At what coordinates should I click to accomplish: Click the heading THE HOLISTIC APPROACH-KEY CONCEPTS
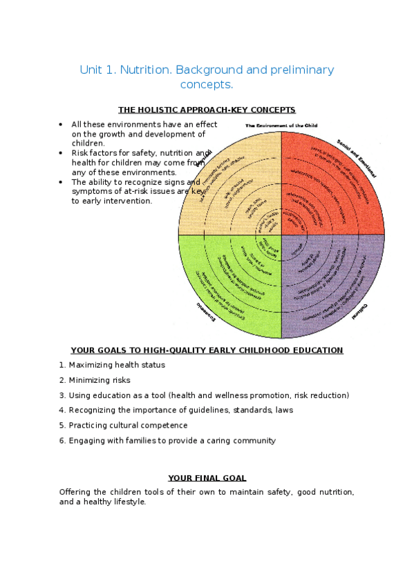coord(207,110)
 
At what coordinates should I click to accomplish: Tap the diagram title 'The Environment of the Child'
coord(281,126)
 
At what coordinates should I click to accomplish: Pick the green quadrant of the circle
coord(228,283)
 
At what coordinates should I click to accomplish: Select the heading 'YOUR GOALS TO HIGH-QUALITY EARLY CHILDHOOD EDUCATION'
coord(207,350)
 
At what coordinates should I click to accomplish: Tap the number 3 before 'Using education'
coord(62,395)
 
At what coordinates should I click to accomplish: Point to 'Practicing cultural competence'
coord(128,426)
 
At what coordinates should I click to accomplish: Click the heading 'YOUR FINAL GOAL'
coord(207,478)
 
